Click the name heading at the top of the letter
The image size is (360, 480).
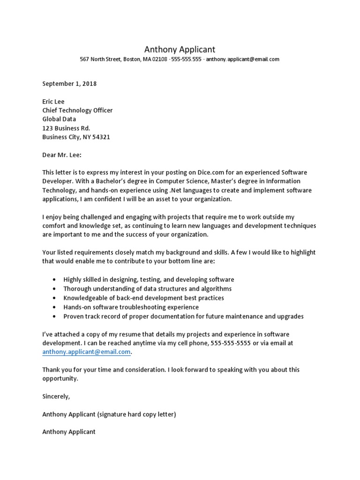click(x=180, y=49)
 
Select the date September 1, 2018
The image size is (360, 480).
click(x=69, y=84)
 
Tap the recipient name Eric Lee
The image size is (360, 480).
click(x=53, y=102)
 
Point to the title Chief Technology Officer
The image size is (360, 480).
click(x=77, y=111)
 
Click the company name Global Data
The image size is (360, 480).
click(x=59, y=120)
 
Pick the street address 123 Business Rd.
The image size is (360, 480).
click(x=66, y=128)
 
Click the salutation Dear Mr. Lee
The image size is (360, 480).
click(x=62, y=155)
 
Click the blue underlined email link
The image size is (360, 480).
click(x=87, y=352)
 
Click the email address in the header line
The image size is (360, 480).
click(x=243, y=60)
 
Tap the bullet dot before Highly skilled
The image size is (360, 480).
click(x=55, y=280)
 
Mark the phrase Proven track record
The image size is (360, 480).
click(x=88, y=316)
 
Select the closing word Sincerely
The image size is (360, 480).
click(x=56, y=397)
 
